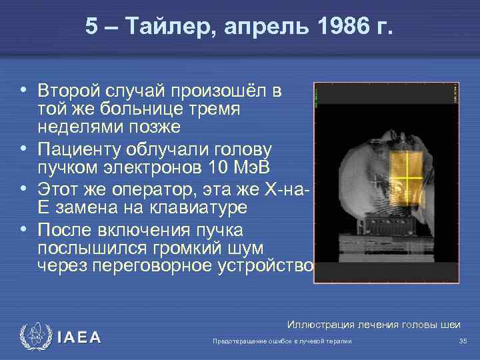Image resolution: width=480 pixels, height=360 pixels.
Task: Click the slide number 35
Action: [x=463, y=341]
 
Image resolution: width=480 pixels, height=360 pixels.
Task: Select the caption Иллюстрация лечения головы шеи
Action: [x=373, y=325]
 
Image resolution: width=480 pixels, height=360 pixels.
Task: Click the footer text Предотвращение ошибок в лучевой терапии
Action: [x=281, y=341]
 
